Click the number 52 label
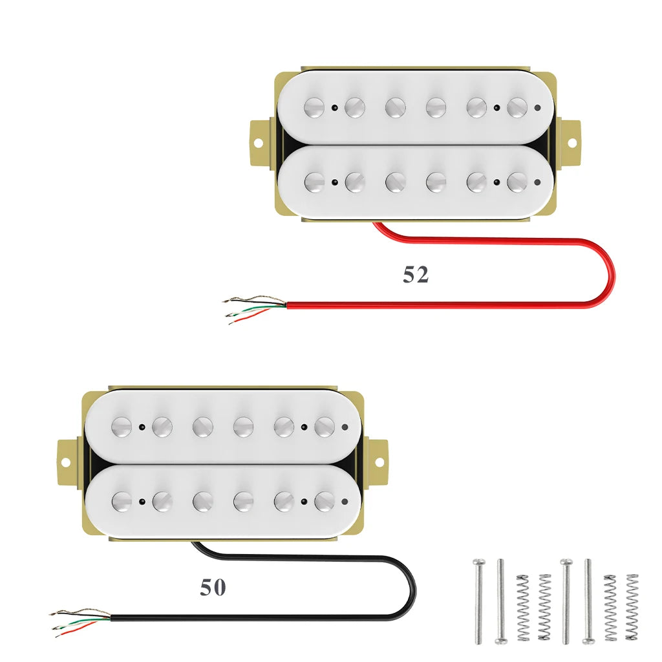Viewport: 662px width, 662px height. pos(416,274)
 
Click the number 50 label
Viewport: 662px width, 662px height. pos(213,587)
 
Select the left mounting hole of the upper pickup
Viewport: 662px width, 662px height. pos(258,143)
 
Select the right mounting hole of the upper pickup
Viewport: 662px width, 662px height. pos(572,143)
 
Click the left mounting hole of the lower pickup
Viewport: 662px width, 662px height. pos(65,463)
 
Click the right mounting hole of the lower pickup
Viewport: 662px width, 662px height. pos(379,463)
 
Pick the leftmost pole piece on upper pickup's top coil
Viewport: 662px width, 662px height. pos(314,107)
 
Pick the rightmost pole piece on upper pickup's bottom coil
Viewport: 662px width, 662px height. pos(517,182)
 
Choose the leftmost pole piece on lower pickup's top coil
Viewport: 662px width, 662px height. pos(122,427)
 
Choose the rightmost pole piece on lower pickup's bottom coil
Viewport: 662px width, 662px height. pos(325,502)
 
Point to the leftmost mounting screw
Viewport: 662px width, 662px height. pos(479,602)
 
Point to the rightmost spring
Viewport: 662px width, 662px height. pos(632,607)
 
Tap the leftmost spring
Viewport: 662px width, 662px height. pos(523,607)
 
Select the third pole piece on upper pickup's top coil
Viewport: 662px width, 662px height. pos(396,107)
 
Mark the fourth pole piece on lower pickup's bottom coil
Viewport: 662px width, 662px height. pos(244,502)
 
